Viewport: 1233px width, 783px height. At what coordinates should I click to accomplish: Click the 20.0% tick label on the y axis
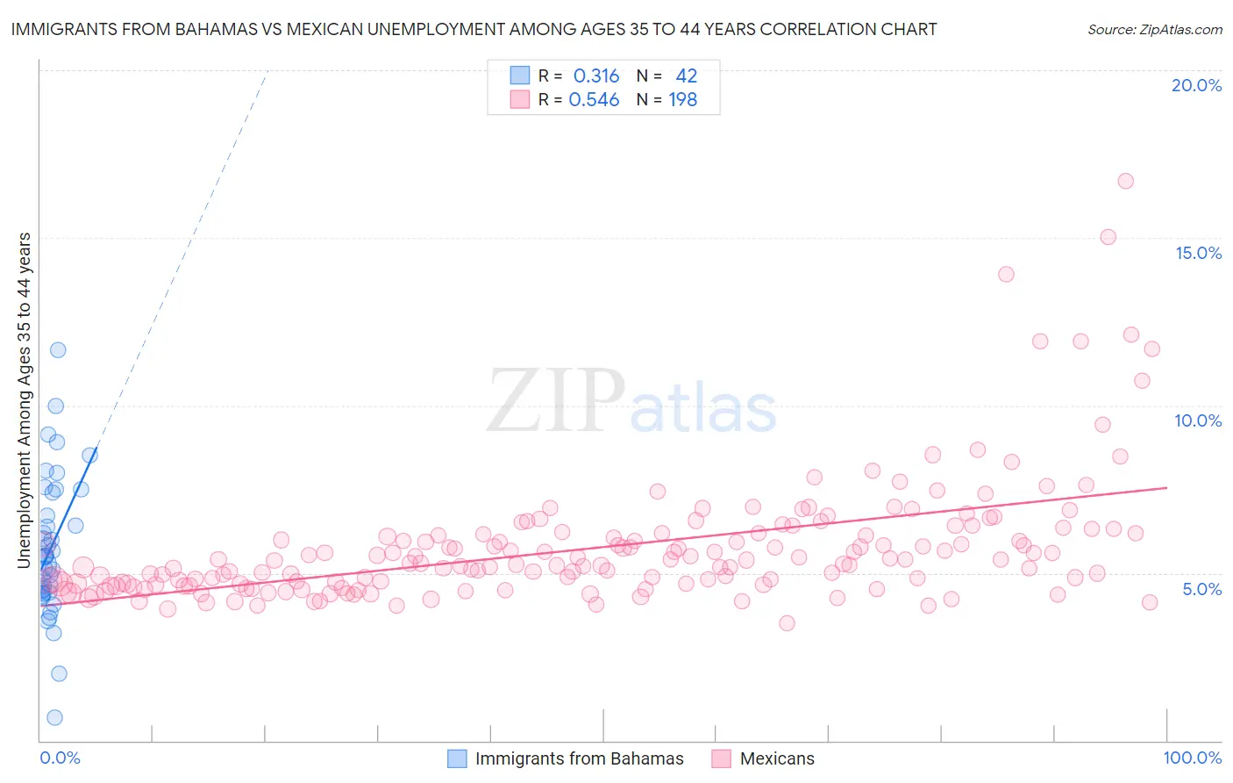[x=1196, y=85]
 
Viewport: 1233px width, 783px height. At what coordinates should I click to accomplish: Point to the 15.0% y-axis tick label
[x=1198, y=253]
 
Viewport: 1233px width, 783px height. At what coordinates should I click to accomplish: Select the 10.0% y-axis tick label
[x=1198, y=420]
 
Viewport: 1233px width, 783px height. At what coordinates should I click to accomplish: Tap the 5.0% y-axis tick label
[x=1201, y=589]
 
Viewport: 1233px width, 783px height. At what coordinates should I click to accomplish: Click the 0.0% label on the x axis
[x=60, y=758]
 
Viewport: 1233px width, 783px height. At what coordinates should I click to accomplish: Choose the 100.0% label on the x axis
[x=1192, y=758]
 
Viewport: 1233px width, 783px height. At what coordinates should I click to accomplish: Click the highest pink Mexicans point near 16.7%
[x=1125, y=181]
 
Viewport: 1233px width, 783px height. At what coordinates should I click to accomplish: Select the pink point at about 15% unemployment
[x=1108, y=237]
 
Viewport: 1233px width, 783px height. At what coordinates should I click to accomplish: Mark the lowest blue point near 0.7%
[x=54, y=717]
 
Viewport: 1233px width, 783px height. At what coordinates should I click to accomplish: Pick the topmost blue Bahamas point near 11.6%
[x=58, y=349]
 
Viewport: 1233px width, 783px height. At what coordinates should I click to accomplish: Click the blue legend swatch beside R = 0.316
[x=520, y=75]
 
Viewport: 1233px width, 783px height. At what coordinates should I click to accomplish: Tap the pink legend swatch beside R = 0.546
[x=520, y=99]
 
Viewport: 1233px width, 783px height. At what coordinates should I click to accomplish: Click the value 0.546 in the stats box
[x=595, y=99]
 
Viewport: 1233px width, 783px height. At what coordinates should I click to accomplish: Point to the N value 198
[x=682, y=99]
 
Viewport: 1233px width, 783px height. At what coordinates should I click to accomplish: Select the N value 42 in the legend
[x=686, y=75]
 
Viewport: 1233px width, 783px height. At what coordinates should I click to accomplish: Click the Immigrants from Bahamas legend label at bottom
[x=579, y=758]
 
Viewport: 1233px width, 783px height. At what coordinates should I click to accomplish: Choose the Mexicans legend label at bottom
[x=777, y=758]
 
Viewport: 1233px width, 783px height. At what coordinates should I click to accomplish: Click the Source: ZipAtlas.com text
[x=1154, y=29]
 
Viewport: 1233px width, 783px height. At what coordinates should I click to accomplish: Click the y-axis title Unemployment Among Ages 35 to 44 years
[x=25, y=399]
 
